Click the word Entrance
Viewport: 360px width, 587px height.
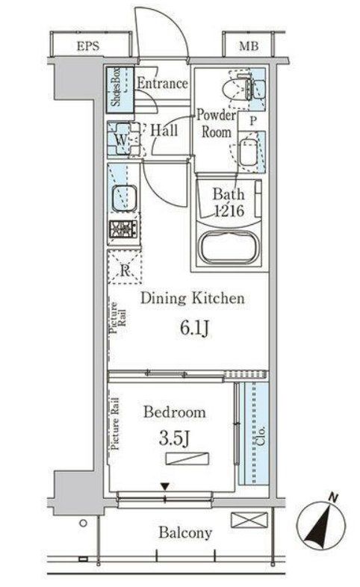point(161,83)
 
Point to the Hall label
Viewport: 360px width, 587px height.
point(163,131)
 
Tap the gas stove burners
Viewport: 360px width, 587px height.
point(121,229)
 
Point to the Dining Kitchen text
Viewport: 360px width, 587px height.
point(193,299)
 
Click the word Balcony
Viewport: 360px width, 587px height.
point(184,533)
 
